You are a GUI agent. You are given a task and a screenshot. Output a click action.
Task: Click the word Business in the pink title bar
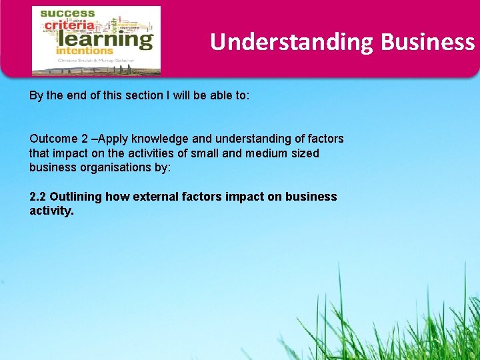427,42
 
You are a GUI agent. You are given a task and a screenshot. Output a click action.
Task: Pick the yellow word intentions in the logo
85,50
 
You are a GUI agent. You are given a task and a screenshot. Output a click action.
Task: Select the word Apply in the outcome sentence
113,139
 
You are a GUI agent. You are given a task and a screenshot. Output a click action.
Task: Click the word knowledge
159,139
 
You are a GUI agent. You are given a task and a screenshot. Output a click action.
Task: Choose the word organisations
115,167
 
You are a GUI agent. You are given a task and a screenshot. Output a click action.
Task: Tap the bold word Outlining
75,197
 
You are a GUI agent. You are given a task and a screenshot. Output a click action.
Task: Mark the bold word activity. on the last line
51,211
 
